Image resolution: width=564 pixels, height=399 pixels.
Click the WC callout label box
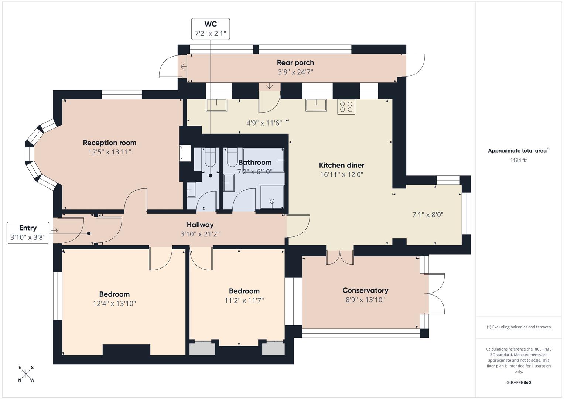click(210, 29)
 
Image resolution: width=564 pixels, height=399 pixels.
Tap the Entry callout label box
click(28, 233)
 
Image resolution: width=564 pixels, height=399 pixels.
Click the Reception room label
click(109, 143)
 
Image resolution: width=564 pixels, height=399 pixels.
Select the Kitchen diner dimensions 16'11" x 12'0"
click(342, 175)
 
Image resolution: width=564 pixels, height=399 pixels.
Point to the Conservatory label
click(365, 290)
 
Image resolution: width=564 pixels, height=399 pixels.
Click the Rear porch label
click(295, 63)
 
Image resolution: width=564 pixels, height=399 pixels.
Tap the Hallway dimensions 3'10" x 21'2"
click(200, 234)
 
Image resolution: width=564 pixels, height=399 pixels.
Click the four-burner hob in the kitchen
click(346, 107)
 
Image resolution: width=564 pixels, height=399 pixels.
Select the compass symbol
click(26, 374)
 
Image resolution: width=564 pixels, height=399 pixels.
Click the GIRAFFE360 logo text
click(518, 383)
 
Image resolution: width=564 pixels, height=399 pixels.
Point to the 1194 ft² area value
click(518, 160)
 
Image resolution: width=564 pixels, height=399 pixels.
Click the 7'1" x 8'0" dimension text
click(427, 215)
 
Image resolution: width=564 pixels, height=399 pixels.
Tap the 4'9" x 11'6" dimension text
click(264, 123)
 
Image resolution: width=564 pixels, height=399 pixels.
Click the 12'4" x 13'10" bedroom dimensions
click(114, 304)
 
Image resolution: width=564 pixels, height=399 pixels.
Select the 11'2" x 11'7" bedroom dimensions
click(244, 300)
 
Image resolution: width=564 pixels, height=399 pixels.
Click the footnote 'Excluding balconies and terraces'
click(518, 327)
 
